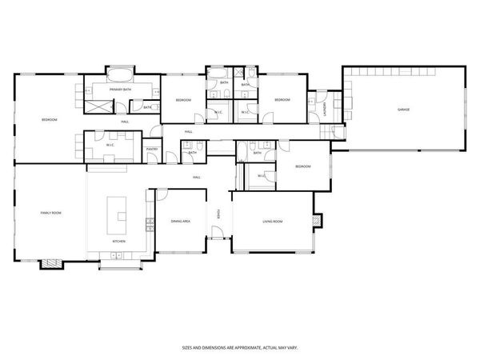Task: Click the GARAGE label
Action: pos(404,109)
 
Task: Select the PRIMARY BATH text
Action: pos(121,90)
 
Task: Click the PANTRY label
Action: pos(151,150)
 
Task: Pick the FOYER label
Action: pos(219,214)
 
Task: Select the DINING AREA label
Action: pos(180,221)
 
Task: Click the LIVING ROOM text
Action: pos(274,221)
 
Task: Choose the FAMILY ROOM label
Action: pos(51,213)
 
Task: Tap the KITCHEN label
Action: pos(118,241)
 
